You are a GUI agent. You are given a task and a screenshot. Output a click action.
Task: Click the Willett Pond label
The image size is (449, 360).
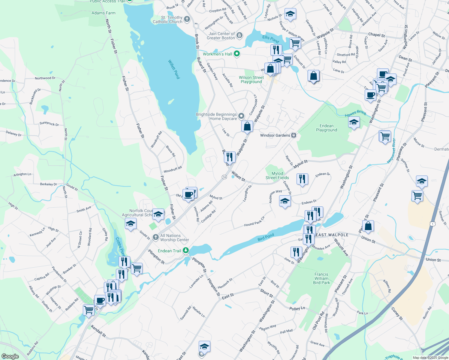point(174,69)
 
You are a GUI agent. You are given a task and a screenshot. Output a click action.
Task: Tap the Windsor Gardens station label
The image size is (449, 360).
point(275,135)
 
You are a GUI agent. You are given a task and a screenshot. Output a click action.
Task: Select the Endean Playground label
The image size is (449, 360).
point(327,128)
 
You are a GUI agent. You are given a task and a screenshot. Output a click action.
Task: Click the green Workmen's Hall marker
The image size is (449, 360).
point(237,54)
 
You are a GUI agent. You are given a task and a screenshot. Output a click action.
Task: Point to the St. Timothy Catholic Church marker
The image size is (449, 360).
point(187,19)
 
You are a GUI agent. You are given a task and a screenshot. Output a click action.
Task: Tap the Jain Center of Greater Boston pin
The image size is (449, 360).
point(239,36)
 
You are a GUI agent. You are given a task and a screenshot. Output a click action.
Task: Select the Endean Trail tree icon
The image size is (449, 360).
point(186,250)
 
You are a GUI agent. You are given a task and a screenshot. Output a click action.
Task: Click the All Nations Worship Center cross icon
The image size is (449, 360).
point(155,238)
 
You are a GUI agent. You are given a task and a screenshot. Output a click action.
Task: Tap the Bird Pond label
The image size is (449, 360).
point(266,237)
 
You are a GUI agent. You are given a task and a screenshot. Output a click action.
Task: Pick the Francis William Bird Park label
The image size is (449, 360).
point(321,278)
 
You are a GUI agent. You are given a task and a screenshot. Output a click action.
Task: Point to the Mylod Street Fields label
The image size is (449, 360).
point(277,175)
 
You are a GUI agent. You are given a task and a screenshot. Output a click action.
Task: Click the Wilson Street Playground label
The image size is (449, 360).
point(251,79)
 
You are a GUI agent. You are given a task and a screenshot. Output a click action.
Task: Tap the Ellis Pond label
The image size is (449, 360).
point(271,39)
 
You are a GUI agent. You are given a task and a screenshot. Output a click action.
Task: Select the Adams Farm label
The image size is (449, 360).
point(104,13)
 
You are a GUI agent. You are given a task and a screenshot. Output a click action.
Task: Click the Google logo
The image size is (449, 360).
point(10,356)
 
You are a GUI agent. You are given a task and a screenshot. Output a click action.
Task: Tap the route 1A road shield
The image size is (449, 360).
point(224,177)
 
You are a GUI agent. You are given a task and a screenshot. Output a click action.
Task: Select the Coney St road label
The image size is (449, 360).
point(397,313)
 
